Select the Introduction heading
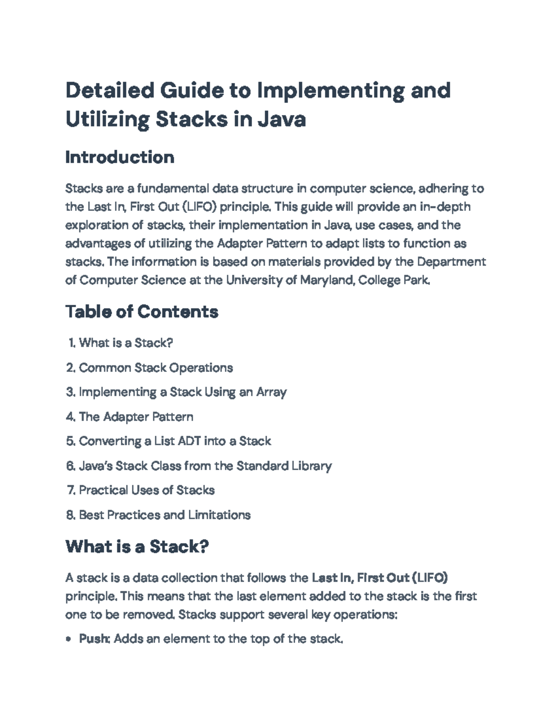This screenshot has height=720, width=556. (120, 157)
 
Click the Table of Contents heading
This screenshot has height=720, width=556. (142, 312)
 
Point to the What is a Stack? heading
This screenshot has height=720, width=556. (137, 547)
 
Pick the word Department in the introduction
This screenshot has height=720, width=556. (451, 262)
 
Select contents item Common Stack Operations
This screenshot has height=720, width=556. (156, 368)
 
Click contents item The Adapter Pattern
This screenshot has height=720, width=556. (136, 417)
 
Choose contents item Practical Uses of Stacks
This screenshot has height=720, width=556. (146, 490)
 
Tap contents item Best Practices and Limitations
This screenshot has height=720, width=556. (164, 515)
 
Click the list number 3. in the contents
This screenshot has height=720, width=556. (70, 392)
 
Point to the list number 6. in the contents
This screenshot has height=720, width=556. (70, 466)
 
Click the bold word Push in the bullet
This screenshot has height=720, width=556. (94, 639)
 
